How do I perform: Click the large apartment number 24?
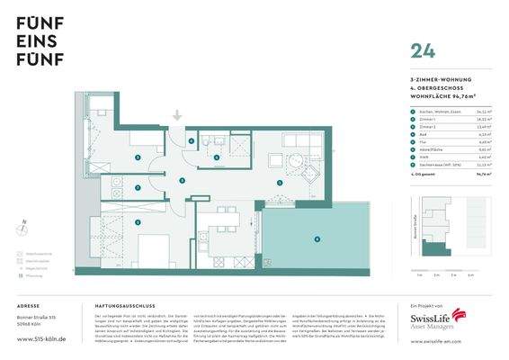pyautogui.click(x=421, y=52)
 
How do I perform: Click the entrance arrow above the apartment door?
pyautogui.click(x=178, y=115)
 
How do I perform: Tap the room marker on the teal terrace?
pyautogui.click(x=316, y=238)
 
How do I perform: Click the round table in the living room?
pyautogui.click(x=295, y=164)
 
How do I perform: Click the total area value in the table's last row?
pyautogui.click(x=481, y=176)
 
